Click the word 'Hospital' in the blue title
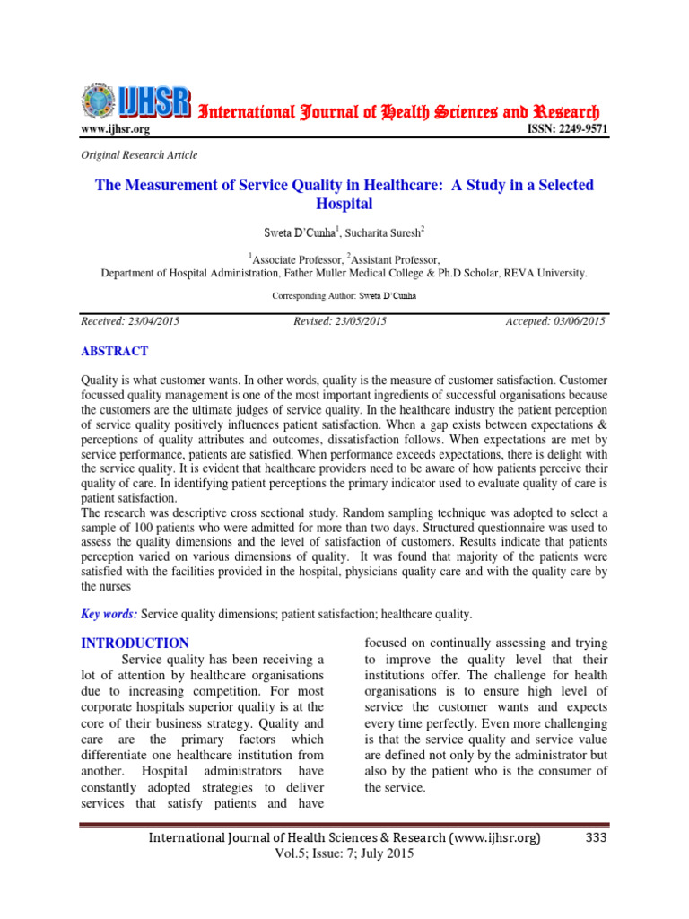point(344,204)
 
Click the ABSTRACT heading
point(115,352)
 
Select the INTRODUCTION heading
point(135,643)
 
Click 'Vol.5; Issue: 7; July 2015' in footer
point(344,854)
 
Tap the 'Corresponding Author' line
point(344,295)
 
